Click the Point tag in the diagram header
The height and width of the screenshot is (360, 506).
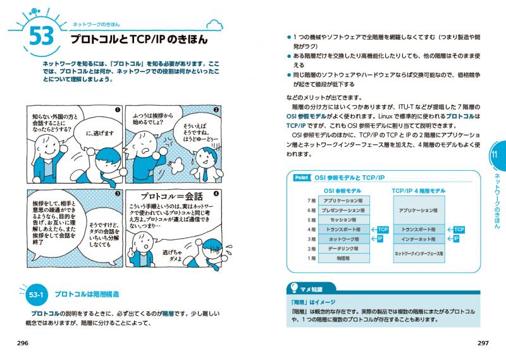click(301, 178)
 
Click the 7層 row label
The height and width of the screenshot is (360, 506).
click(311, 200)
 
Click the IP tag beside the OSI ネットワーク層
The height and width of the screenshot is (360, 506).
click(381, 239)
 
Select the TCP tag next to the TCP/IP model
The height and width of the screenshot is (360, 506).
click(459, 229)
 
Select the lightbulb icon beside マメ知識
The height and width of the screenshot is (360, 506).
click(293, 289)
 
